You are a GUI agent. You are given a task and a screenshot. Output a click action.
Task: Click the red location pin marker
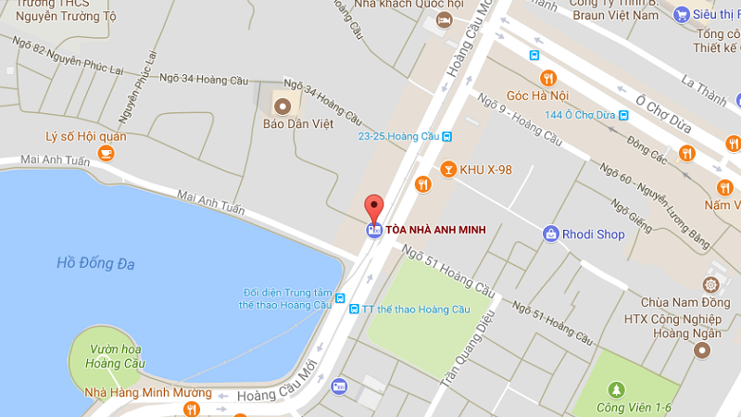(x=373, y=208)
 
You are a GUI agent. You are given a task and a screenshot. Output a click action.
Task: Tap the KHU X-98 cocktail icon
(x=448, y=170)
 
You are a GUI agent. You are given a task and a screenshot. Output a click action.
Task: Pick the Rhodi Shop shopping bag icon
(x=551, y=234)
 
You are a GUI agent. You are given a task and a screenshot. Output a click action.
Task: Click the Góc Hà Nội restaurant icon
(x=547, y=78)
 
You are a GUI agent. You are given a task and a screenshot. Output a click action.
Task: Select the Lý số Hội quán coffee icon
(x=107, y=153)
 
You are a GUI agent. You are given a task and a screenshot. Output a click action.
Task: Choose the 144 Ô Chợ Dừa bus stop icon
(x=623, y=115)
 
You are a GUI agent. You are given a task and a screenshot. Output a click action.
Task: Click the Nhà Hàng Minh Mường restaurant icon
(x=192, y=409)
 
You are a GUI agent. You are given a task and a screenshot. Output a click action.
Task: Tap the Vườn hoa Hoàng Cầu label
(x=115, y=356)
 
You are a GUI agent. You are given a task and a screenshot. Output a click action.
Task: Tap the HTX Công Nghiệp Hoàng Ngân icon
(x=702, y=349)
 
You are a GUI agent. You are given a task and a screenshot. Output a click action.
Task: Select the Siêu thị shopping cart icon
(x=682, y=14)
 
